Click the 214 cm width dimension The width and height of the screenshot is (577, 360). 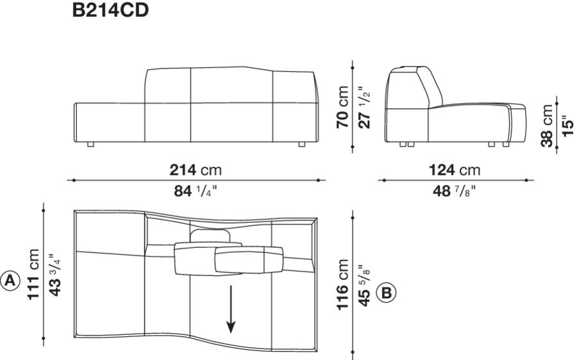[196, 170]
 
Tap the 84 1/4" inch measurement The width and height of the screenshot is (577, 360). [196, 191]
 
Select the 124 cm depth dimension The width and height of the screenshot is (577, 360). [454, 170]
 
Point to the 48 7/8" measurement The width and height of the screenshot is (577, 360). [454, 191]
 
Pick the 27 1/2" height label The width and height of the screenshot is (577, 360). [364, 106]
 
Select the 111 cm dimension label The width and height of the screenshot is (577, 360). [33, 280]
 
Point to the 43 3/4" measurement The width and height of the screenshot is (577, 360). [53, 280]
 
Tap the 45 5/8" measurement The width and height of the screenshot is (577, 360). [364, 284]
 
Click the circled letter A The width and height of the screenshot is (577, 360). [10, 281]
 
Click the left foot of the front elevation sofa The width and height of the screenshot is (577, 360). [90, 145]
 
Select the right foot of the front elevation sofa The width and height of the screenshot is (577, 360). [301, 145]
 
